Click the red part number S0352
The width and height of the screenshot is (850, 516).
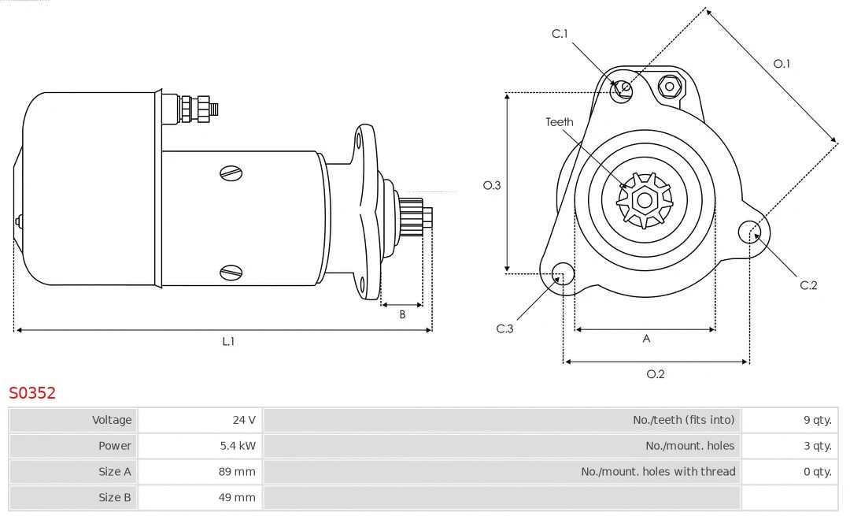(32, 392)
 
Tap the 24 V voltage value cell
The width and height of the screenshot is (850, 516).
(244, 420)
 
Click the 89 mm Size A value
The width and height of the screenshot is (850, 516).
(238, 472)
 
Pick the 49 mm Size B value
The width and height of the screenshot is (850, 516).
(238, 497)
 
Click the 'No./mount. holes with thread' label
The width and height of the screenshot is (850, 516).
(658, 472)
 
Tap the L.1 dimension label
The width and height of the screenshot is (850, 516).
(228, 341)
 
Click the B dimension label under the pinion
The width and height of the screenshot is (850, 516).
(402, 314)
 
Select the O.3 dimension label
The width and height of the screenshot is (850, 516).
(492, 185)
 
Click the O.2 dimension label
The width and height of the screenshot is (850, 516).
(656, 374)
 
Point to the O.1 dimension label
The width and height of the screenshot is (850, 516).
(782, 64)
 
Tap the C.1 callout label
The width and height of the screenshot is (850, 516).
(560, 33)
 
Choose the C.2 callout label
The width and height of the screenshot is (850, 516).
(808, 285)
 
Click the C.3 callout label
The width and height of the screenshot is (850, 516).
(504, 329)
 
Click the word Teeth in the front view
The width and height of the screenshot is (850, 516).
(560, 122)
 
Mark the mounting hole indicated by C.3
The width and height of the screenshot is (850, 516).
(563, 273)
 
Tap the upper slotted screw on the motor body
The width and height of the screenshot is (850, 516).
(231, 173)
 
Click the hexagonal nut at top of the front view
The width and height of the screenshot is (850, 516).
(670, 86)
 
